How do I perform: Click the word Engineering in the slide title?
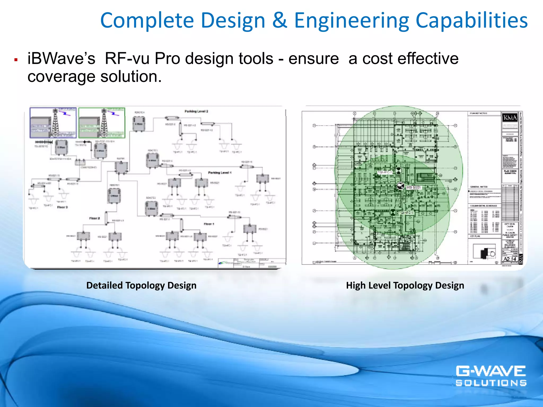click(x=352, y=21)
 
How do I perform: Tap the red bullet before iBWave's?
click(x=16, y=60)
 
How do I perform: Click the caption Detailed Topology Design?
click(x=141, y=285)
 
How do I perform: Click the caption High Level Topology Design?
click(x=405, y=285)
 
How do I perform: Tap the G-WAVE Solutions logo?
click(x=491, y=376)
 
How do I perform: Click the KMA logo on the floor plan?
click(x=510, y=117)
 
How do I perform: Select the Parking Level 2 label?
click(x=196, y=111)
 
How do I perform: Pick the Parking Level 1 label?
click(x=220, y=172)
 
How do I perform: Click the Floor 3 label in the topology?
click(x=63, y=207)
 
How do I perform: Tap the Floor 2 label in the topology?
click(x=94, y=218)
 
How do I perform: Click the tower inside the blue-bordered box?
click(x=55, y=123)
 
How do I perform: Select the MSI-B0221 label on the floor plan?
click(x=414, y=188)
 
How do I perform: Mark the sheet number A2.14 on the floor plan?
click(x=510, y=259)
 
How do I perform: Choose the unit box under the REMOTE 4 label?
click(x=139, y=124)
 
